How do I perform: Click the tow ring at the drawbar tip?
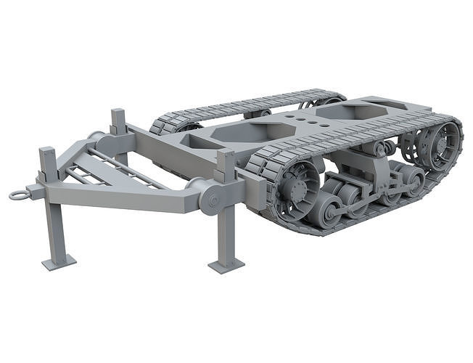20,195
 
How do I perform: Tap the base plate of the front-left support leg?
59,262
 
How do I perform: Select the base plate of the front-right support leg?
226,265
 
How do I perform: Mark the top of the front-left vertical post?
49,152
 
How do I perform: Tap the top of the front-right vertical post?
226,154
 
